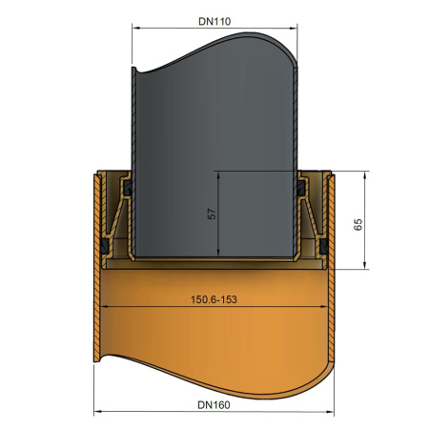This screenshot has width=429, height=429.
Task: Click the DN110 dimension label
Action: click(214, 21)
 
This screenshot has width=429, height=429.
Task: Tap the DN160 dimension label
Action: click(214, 405)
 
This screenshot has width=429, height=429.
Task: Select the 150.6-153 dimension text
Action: click(214, 299)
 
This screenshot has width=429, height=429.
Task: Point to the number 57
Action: click(212, 214)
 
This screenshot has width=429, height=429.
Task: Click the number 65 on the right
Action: click(357, 224)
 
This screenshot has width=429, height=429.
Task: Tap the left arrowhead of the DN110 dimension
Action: click(135, 29)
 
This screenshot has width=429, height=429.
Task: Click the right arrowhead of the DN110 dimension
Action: click(294, 29)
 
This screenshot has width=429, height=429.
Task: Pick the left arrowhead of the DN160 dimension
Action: click(98, 412)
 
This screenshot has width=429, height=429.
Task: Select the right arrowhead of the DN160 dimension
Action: click(330, 412)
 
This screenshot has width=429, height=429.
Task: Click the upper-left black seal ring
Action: click(128, 188)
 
